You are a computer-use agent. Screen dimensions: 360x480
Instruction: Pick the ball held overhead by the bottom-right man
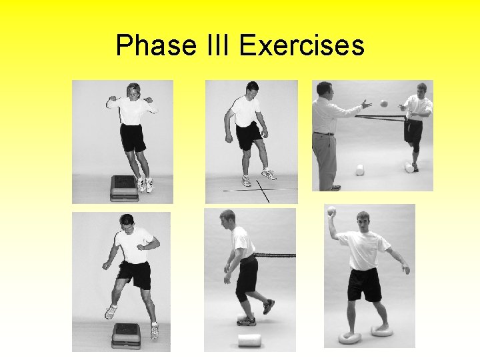(x=332, y=213)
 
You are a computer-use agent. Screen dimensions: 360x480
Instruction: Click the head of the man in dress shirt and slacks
(x=323, y=90)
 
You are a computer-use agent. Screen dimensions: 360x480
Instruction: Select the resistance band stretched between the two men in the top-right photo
(x=380, y=118)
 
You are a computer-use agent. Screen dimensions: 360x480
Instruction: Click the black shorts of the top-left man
(x=133, y=137)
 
